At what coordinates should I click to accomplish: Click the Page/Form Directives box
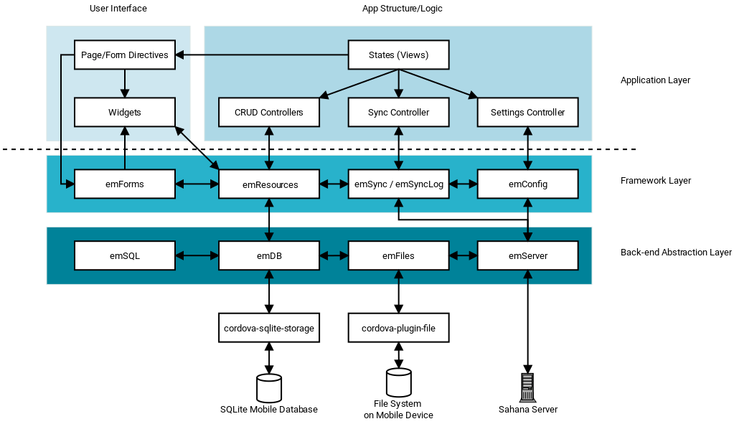pos(125,55)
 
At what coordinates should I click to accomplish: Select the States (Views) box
pos(398,55)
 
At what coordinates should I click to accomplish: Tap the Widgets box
pos(125,113)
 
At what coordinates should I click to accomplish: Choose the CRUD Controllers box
pos(269,113)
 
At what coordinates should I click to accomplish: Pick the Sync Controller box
pos(398,113)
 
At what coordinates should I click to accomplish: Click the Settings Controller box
pos(527,113)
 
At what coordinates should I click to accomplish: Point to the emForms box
pos(125,184)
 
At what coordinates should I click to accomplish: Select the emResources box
pos(269,184)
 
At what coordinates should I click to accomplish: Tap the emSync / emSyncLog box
pos(398,184)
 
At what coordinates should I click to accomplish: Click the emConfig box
pos(527,184)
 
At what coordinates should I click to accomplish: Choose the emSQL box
pos(125,255)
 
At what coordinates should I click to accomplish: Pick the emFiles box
pos(398,255)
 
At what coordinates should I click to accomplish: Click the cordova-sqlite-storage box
pos(269,328)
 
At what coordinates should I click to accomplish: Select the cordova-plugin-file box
pos(398,328)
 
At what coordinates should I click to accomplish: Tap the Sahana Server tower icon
pos(528,387)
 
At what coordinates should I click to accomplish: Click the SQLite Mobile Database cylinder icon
pos(269,387)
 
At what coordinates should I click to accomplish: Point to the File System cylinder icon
pos(398,382)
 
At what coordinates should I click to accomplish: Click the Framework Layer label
pos(655,181)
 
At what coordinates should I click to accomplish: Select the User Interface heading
pos(118,9)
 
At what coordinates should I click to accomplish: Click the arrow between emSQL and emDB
pos(197,255)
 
